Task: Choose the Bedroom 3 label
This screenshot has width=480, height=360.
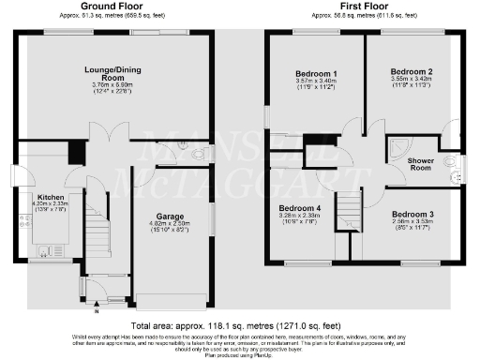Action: coord(412,215)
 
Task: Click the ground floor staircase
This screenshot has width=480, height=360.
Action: coord(97,230)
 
